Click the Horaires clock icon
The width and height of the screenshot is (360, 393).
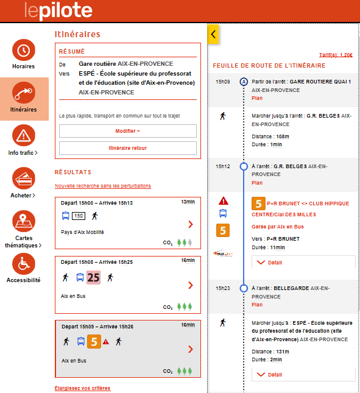(x=24, y=50)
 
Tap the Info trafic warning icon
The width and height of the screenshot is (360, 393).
(x=24, y=136)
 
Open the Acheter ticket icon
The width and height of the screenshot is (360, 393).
(x=24, y=179)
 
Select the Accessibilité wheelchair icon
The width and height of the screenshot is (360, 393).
(x=24, y=264)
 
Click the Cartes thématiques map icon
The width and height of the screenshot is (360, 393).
(x=24, y=221)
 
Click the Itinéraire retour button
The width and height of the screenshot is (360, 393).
(x=128, y=148)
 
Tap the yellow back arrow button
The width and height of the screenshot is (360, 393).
(x=213, y=34)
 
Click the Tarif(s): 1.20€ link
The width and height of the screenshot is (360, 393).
(x=336, y=55)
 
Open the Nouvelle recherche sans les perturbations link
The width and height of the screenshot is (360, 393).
(x=103, y=186)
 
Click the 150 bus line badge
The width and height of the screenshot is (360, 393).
(x=79, y=216)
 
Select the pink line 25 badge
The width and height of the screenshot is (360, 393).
(x=93, y=277)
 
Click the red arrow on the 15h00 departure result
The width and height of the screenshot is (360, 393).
(x=191, y=224)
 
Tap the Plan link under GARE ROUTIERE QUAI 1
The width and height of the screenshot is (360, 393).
(x=257, y=98)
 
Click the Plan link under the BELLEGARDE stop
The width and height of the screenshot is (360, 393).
(x=257, y=305)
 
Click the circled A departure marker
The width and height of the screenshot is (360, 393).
(x=244, y=82)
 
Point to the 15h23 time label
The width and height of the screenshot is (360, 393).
(x=223, y=288)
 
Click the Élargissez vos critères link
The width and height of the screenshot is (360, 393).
(x=82, y=388)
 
